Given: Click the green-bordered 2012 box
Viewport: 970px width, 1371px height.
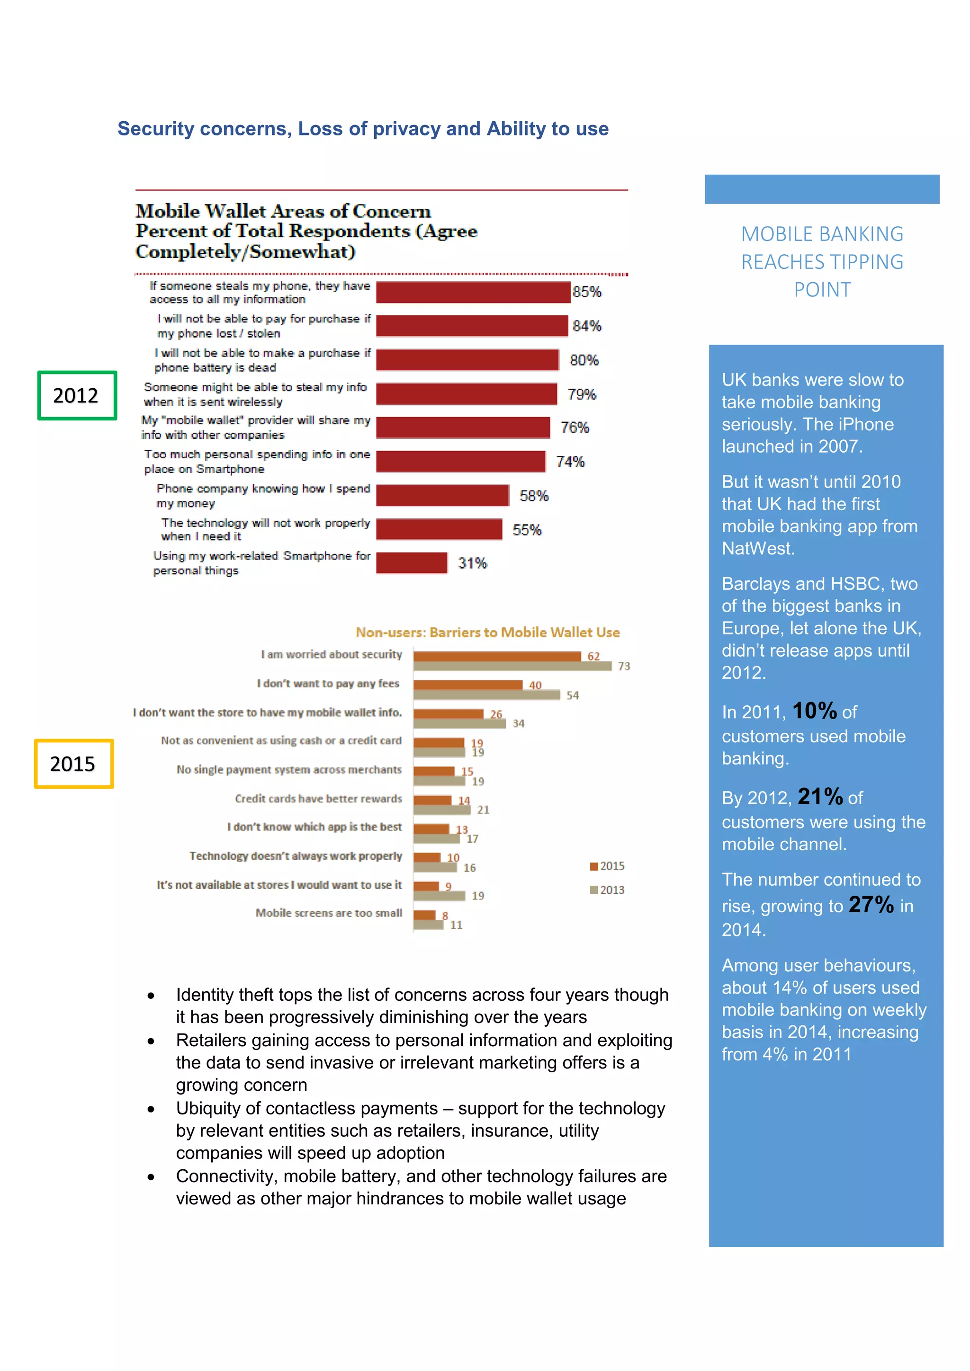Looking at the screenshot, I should (x=76, y=395).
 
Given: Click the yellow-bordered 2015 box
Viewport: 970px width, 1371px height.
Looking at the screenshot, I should (x=73, y=764).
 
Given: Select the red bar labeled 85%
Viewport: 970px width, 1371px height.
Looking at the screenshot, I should (x=473, y=293).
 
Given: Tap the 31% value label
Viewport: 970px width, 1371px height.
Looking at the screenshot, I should (x=472, y=563).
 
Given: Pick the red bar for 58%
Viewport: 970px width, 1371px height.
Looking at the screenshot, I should (x=442, y=496).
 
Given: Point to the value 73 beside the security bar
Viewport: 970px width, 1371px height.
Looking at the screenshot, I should (x=624, y=667).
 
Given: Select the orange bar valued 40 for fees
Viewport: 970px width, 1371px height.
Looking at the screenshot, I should (x=467, y=685).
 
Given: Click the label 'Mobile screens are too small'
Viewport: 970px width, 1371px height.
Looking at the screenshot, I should (x=329, y=913).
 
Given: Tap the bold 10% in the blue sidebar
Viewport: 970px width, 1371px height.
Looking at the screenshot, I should (x=814, y=711).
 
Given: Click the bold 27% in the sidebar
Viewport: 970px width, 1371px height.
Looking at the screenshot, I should (x=871, y=905).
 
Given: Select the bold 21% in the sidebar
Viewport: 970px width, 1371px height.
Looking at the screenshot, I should (x=819, y=797).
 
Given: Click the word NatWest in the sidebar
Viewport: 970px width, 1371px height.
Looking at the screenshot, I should (x=757, y=548).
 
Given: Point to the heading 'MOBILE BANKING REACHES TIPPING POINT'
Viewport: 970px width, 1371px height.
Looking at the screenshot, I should (x=822, y=261).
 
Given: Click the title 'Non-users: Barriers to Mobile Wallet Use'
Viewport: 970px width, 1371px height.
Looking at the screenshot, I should (x=487, y=632).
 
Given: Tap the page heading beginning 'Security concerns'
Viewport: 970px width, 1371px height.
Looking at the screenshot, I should (x=362, y=128).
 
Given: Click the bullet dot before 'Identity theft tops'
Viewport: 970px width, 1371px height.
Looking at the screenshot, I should (x=151, y=996).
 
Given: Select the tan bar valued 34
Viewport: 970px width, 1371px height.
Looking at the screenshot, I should (x=459, y=724).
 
